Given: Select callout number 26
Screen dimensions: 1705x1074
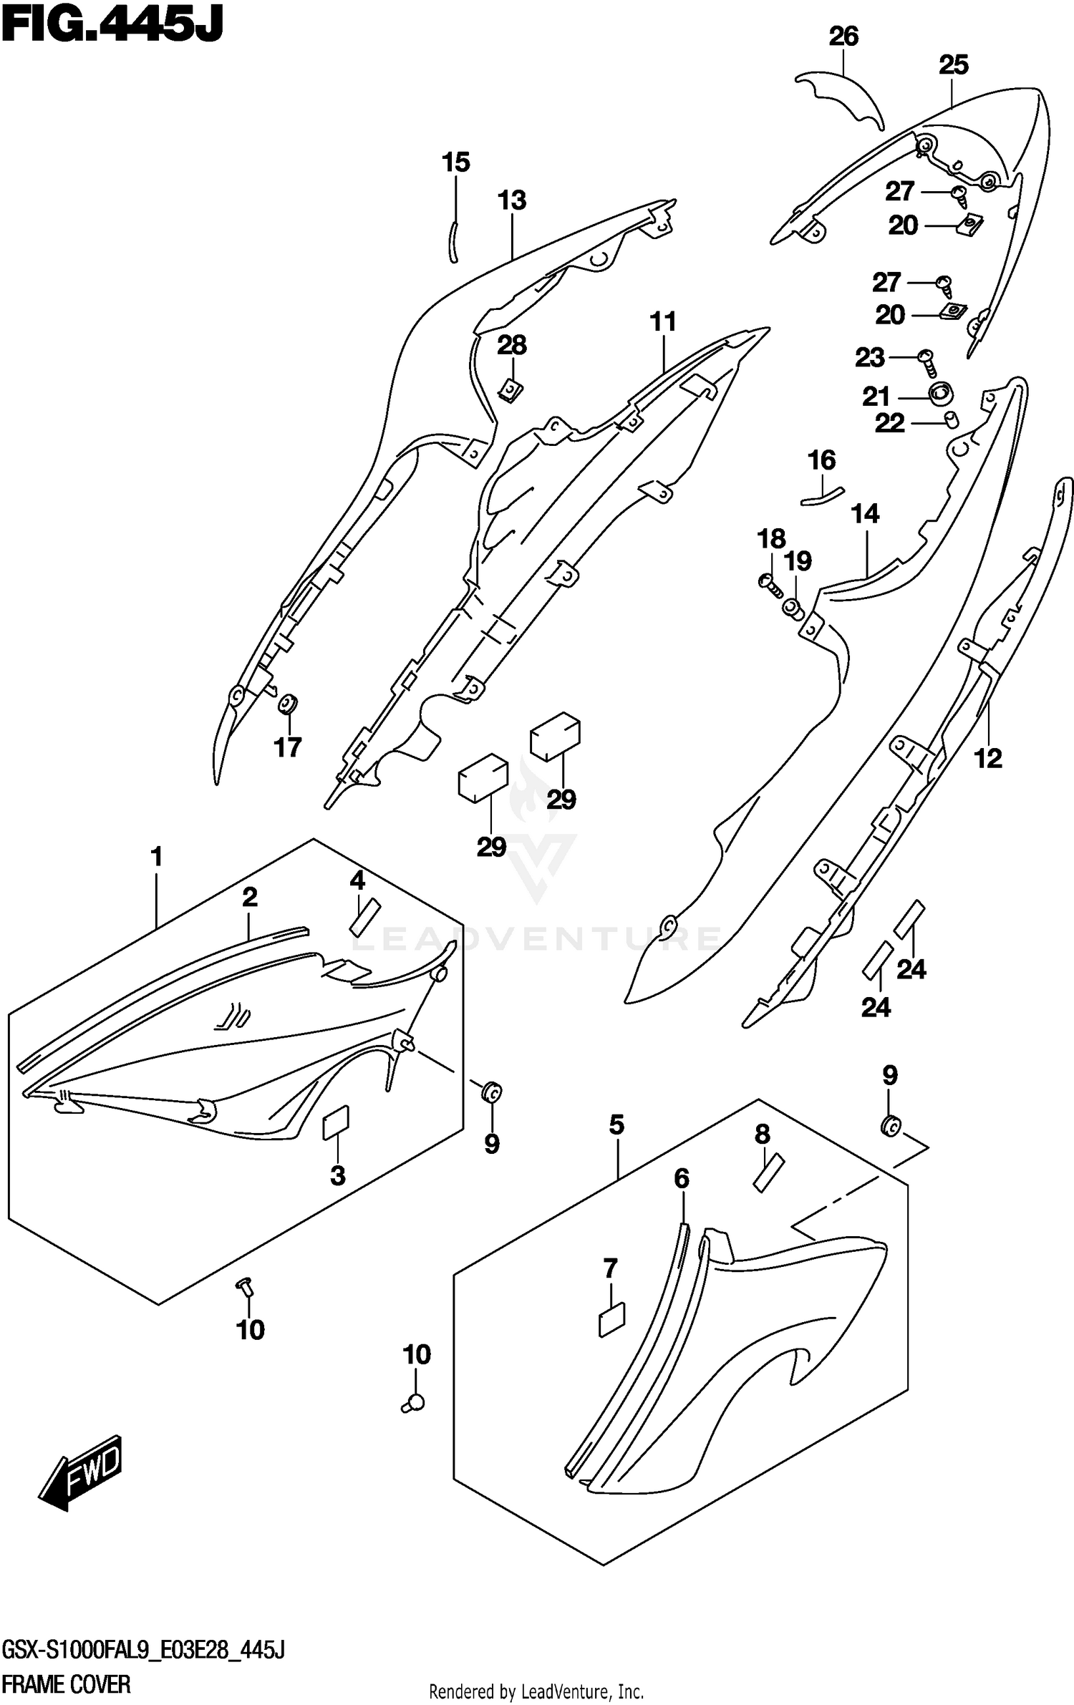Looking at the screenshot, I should [843, 37].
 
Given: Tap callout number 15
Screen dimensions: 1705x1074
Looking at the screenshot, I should [455, 162].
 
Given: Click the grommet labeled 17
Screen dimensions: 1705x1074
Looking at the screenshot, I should [289, 705].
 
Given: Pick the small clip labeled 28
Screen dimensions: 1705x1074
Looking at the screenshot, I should [511, 391].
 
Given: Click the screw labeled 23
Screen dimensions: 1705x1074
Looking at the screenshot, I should [927, 363].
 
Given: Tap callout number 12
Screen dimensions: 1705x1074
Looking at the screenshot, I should [988, 758].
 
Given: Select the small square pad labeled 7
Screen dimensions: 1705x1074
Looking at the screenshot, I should [611, 1319].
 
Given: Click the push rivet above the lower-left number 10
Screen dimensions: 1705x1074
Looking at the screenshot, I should [246, 1286].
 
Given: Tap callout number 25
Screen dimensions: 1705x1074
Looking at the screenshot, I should [953, 65].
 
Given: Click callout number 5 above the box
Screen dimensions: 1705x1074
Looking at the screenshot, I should [616, 1124].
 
